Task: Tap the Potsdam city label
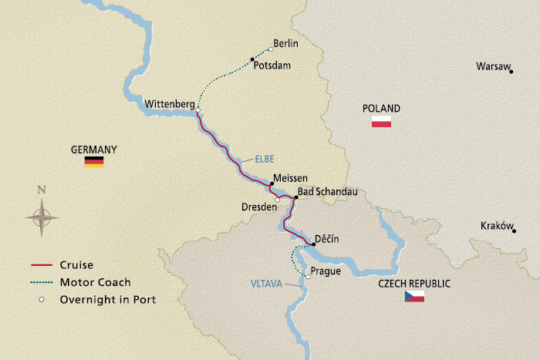[272, 66]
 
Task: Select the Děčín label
[327, 238]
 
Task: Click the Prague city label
[326, 271]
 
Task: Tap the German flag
[94, 162]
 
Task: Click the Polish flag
[381, 121]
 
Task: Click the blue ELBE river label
[265, 160]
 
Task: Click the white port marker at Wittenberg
[198, 110]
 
